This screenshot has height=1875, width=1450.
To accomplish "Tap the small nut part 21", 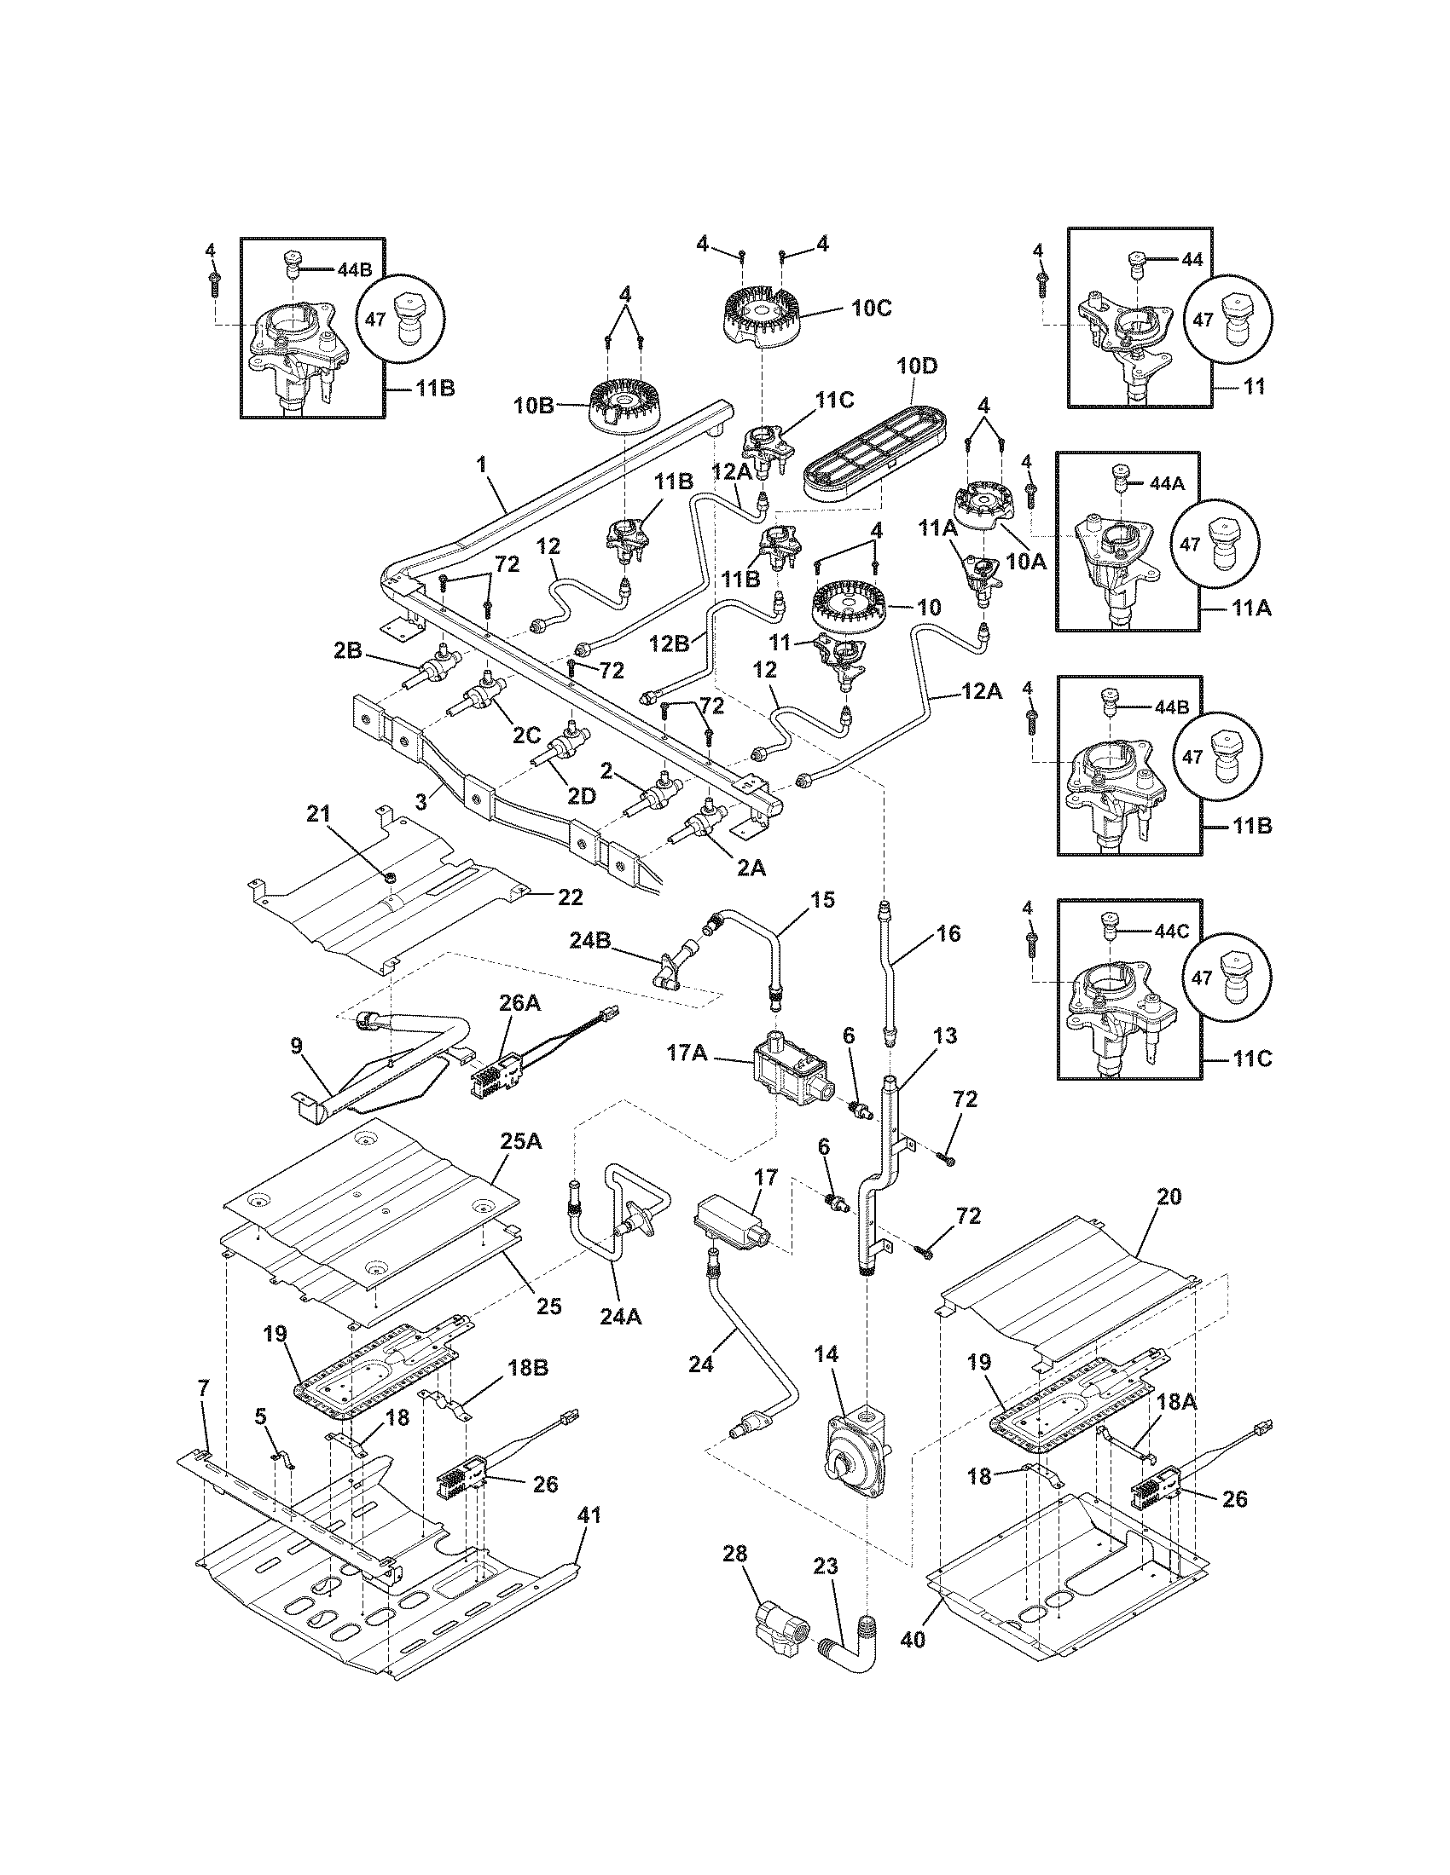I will (389, 876).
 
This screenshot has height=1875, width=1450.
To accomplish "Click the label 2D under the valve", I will (581, 796).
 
